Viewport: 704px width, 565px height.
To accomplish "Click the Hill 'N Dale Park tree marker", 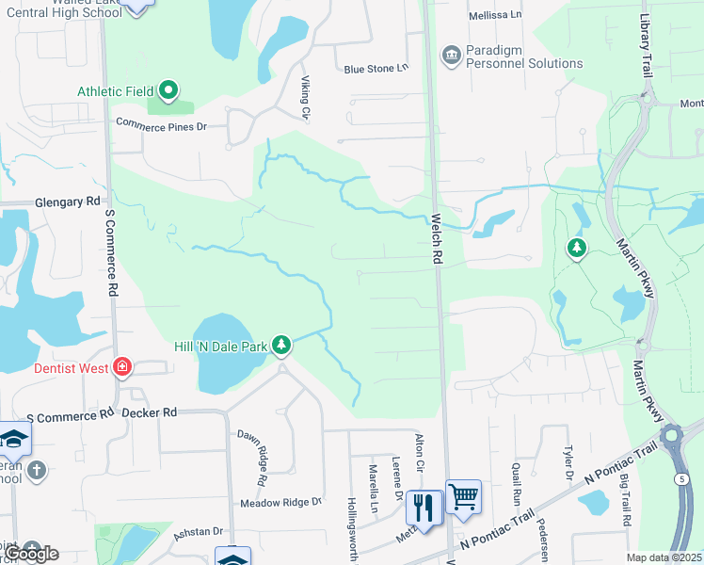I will coord(280,346).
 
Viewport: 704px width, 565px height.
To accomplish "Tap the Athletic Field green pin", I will coord(168,90).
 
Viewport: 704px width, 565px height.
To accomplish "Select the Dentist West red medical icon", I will coord(122,367).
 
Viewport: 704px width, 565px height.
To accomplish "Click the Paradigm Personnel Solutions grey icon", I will coord(451,56).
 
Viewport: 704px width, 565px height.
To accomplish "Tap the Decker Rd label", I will coord(155,412).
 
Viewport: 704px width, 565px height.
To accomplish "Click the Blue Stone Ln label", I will coord(376,69).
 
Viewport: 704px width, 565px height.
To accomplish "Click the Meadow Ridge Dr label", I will coord(280,503).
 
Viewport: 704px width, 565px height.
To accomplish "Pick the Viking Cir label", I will coord(306,98).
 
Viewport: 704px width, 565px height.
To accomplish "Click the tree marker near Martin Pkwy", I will coord(576,249).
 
